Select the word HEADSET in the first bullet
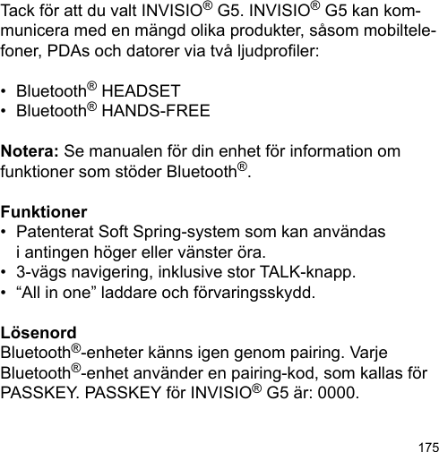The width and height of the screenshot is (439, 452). (x=142, y=92)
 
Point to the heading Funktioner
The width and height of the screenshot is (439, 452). (x=44, y=213)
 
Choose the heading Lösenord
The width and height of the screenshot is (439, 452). (x=39, y=333)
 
